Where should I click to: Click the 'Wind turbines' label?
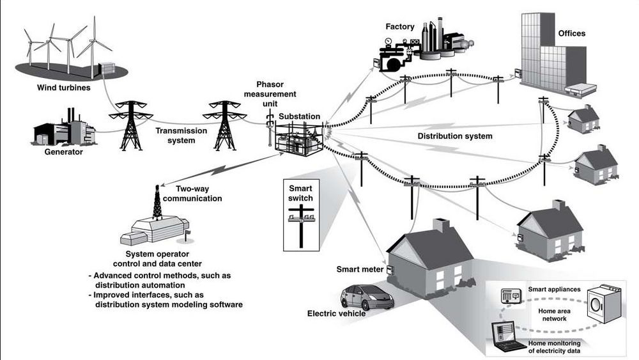63,88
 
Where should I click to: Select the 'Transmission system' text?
181,136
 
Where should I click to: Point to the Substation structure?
299,139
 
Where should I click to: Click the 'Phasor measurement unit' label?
270,94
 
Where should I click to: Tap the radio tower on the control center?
157,203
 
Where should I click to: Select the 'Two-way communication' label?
192,194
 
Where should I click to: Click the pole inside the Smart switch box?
301,226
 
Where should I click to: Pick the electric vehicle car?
367,297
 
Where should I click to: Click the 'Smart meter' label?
360,269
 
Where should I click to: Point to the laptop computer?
508,336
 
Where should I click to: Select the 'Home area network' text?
554,315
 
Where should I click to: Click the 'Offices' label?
571,33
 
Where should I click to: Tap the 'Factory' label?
400,26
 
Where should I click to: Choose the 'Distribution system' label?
455,136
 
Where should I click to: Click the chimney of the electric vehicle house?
440,226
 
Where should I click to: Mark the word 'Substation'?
299,116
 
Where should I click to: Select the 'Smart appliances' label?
554,289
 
